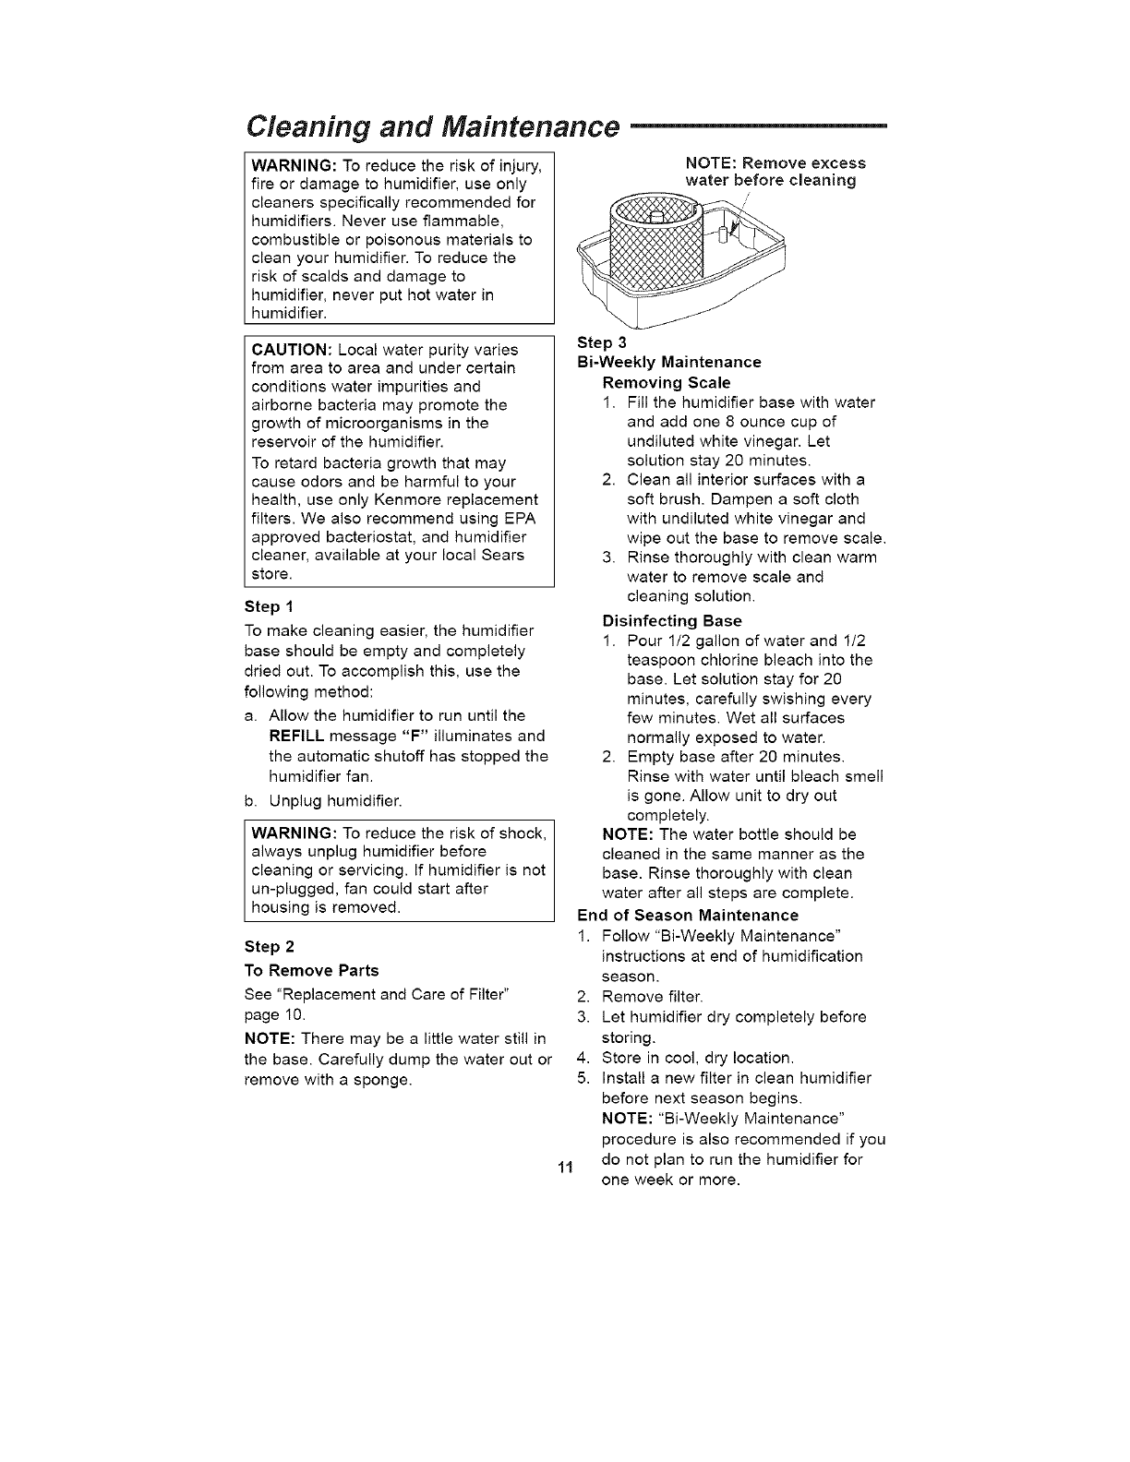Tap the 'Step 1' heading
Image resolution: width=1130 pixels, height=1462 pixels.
coord(269,606)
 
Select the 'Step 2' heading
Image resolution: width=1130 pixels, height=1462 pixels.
coord(269,946)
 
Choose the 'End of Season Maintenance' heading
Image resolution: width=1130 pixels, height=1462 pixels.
coord(687,916)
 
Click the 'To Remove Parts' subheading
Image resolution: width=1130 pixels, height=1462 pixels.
coord(311,970)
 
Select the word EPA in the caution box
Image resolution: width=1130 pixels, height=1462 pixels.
coord(523,518)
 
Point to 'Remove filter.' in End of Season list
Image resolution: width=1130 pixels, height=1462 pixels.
coord(652,997)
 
